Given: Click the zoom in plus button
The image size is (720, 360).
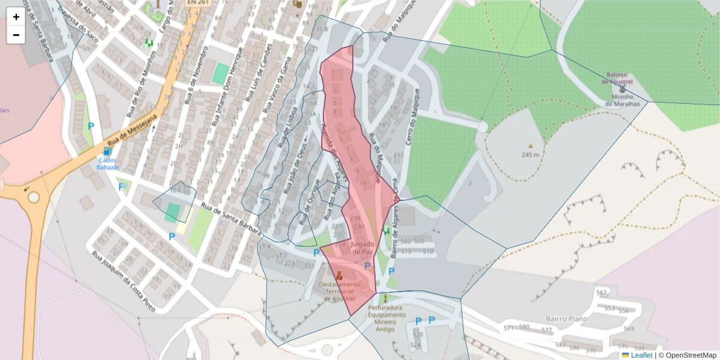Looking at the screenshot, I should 16,17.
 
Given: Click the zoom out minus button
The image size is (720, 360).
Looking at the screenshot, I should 16,35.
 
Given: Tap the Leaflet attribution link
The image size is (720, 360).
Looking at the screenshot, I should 641,355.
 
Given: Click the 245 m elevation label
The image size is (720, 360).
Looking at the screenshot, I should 530,154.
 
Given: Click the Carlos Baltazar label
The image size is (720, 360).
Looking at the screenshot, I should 108,164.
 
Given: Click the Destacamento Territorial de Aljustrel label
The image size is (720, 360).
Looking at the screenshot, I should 340,291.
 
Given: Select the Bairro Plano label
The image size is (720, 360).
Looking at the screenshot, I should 566,319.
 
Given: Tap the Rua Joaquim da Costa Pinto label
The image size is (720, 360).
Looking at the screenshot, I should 123,281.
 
